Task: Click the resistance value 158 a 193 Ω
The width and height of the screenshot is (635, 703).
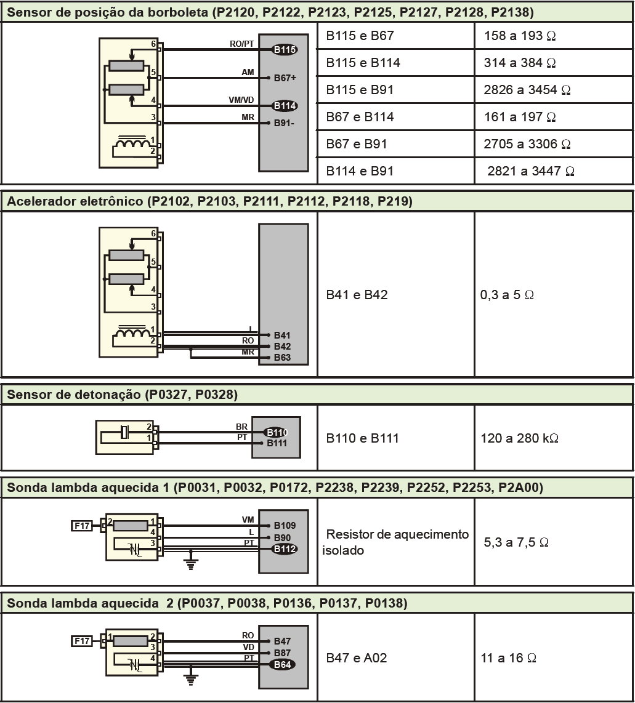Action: (520, 36)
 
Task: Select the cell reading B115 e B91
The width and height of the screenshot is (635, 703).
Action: (360, 90)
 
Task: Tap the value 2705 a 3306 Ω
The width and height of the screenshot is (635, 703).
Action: (527, 144)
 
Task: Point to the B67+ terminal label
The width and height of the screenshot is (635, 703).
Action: (285, 78)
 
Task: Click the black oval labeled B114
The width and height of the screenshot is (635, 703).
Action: (285, 106)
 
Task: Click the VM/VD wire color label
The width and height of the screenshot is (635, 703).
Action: (241, 100)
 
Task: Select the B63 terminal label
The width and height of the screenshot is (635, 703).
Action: (283, 358)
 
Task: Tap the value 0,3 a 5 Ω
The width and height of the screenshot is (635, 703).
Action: (507, 295)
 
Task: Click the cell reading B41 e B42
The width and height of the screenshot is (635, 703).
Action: (357, 295)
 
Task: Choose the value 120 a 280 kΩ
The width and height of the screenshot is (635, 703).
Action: (519, 438)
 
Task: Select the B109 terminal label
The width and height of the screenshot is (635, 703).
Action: (285, 526)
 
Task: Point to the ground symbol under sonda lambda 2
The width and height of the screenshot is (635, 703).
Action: (192, 679)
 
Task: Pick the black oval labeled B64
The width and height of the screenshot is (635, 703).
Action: (283, 664)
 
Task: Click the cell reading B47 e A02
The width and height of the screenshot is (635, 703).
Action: (357, 658)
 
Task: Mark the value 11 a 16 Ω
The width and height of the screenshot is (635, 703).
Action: (508, 658)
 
